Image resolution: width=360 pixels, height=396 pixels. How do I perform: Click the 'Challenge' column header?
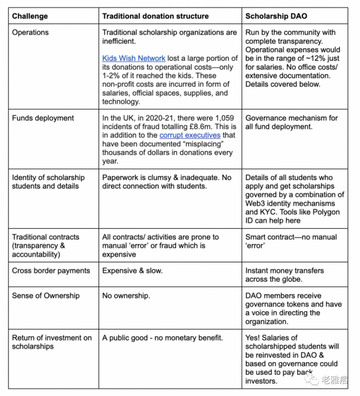pyautogui.click(x=30, y=16)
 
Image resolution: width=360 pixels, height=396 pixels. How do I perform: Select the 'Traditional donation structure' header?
pyautogui.click(x=155, y=16)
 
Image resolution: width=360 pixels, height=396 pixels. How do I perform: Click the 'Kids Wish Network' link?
pyautogui.click(x=134, y=58)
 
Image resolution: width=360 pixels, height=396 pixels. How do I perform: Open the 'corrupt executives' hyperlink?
pyautogui.click(x=190, y=135)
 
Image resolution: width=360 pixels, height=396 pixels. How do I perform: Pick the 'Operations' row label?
pyautogui.click(x=31, y=32)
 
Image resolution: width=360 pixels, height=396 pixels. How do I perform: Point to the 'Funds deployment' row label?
pyautogui.click(x=43, y=118)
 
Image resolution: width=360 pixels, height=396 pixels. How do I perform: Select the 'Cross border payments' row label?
pyautogui.click(x=51, y=271)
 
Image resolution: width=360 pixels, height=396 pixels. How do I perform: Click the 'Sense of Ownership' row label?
pyautogui.click(x=46, y=296)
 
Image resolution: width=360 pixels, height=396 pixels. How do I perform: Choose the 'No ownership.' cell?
pyautogui.click(x=126, y=296)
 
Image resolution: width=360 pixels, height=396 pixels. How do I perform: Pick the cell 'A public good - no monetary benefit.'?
pyautogui.click(x=163, y=338)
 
